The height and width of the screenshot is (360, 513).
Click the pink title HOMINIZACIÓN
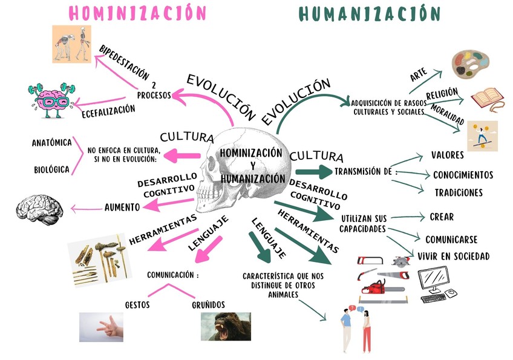pyautogui.click(x=137, y=13)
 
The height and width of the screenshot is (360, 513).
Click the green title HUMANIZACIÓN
pyautogui.click(x=370, y=13)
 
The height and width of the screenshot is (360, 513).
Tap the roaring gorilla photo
pyautogui.click(x=226, y=326)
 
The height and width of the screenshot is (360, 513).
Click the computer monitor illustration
pyautogui.click(x=437, y=283)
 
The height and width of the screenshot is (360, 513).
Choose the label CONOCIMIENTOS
pyautogui.click(x=463, y=175)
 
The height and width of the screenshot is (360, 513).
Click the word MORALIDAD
pyautogui.click(x=448, y=119)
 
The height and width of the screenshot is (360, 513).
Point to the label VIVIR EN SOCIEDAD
pyautogui.click(x=453, y=257)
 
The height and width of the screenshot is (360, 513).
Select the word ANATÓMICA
pyautogui.click(x=51, y=143)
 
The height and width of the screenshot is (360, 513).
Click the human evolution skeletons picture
pyautogui.click(x=71, y=44)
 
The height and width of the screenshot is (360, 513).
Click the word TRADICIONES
pyautogui.click(x=459, y=193)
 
